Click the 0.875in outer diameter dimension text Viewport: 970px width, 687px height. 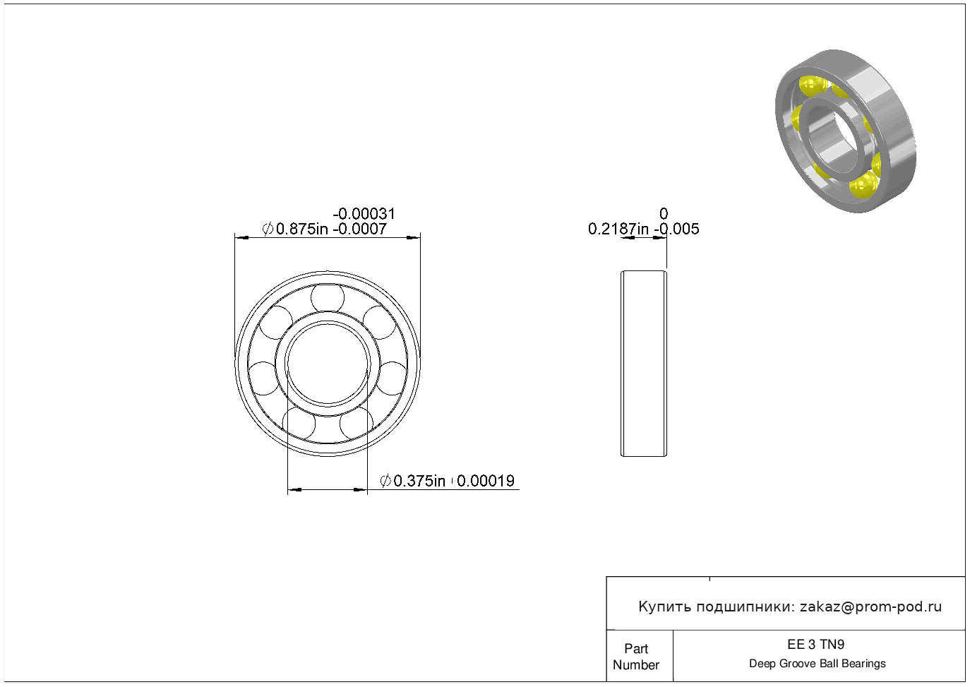(x=302, y=229)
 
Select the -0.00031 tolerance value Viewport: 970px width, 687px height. (x=364, y=213)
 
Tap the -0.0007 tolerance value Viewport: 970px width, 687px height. (x=359, y=229)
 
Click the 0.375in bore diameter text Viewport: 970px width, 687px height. (x=419, y=481)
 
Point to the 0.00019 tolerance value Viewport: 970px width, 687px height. (x=486, y=481)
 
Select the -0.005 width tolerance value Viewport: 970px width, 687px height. (x=676, y=229)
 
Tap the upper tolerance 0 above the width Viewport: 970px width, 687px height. (x=664, y=213)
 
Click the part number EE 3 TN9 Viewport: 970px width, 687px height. (x=816, y=645)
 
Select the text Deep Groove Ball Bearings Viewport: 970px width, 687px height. (x=818, y=664)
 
